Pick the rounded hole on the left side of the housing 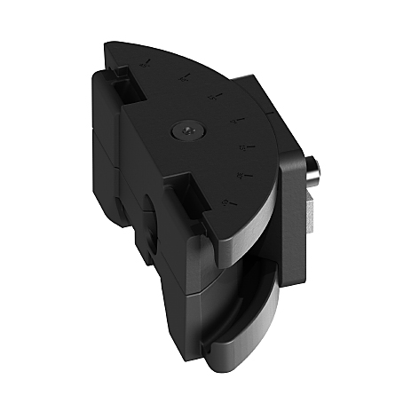pyautogui.click(x=149, y=222)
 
